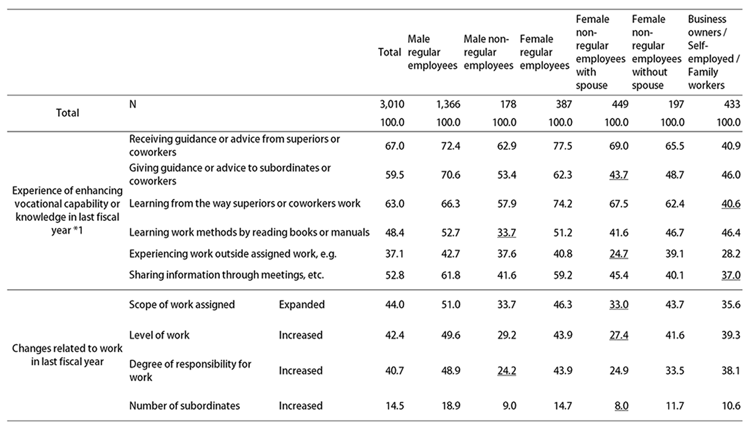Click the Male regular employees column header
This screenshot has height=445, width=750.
tap(432, 52)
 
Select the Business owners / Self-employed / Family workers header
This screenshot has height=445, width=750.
tap(713, 52)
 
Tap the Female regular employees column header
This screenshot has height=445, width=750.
tap(544, 52)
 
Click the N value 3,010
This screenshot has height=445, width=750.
tap(391, 104)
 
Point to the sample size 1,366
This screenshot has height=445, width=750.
tap(448, 104)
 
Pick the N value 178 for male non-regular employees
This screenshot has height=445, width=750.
tap(508, 104)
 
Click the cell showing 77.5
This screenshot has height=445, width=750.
tap(563, 146)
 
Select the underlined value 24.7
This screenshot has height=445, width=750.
tap(619, 254)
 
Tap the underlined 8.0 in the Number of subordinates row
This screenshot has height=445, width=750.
tap(621, 406)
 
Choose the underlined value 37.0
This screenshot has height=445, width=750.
tap(731, 275)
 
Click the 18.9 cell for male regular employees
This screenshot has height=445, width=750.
tap(450, 406)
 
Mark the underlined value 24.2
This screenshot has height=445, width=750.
tap(506, 370)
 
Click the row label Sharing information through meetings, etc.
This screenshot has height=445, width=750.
tap(226, 275)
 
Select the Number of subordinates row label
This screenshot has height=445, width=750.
tap(184, 406)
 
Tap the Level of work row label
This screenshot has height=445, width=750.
tap(159, 335)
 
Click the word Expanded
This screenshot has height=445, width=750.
tap(301, 304)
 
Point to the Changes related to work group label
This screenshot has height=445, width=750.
tap(67, 355)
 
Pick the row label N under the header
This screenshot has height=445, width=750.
tap(133, 104)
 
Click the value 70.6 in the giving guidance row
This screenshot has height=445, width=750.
tap(450, 175)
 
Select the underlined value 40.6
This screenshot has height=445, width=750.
tap(731, 203)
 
